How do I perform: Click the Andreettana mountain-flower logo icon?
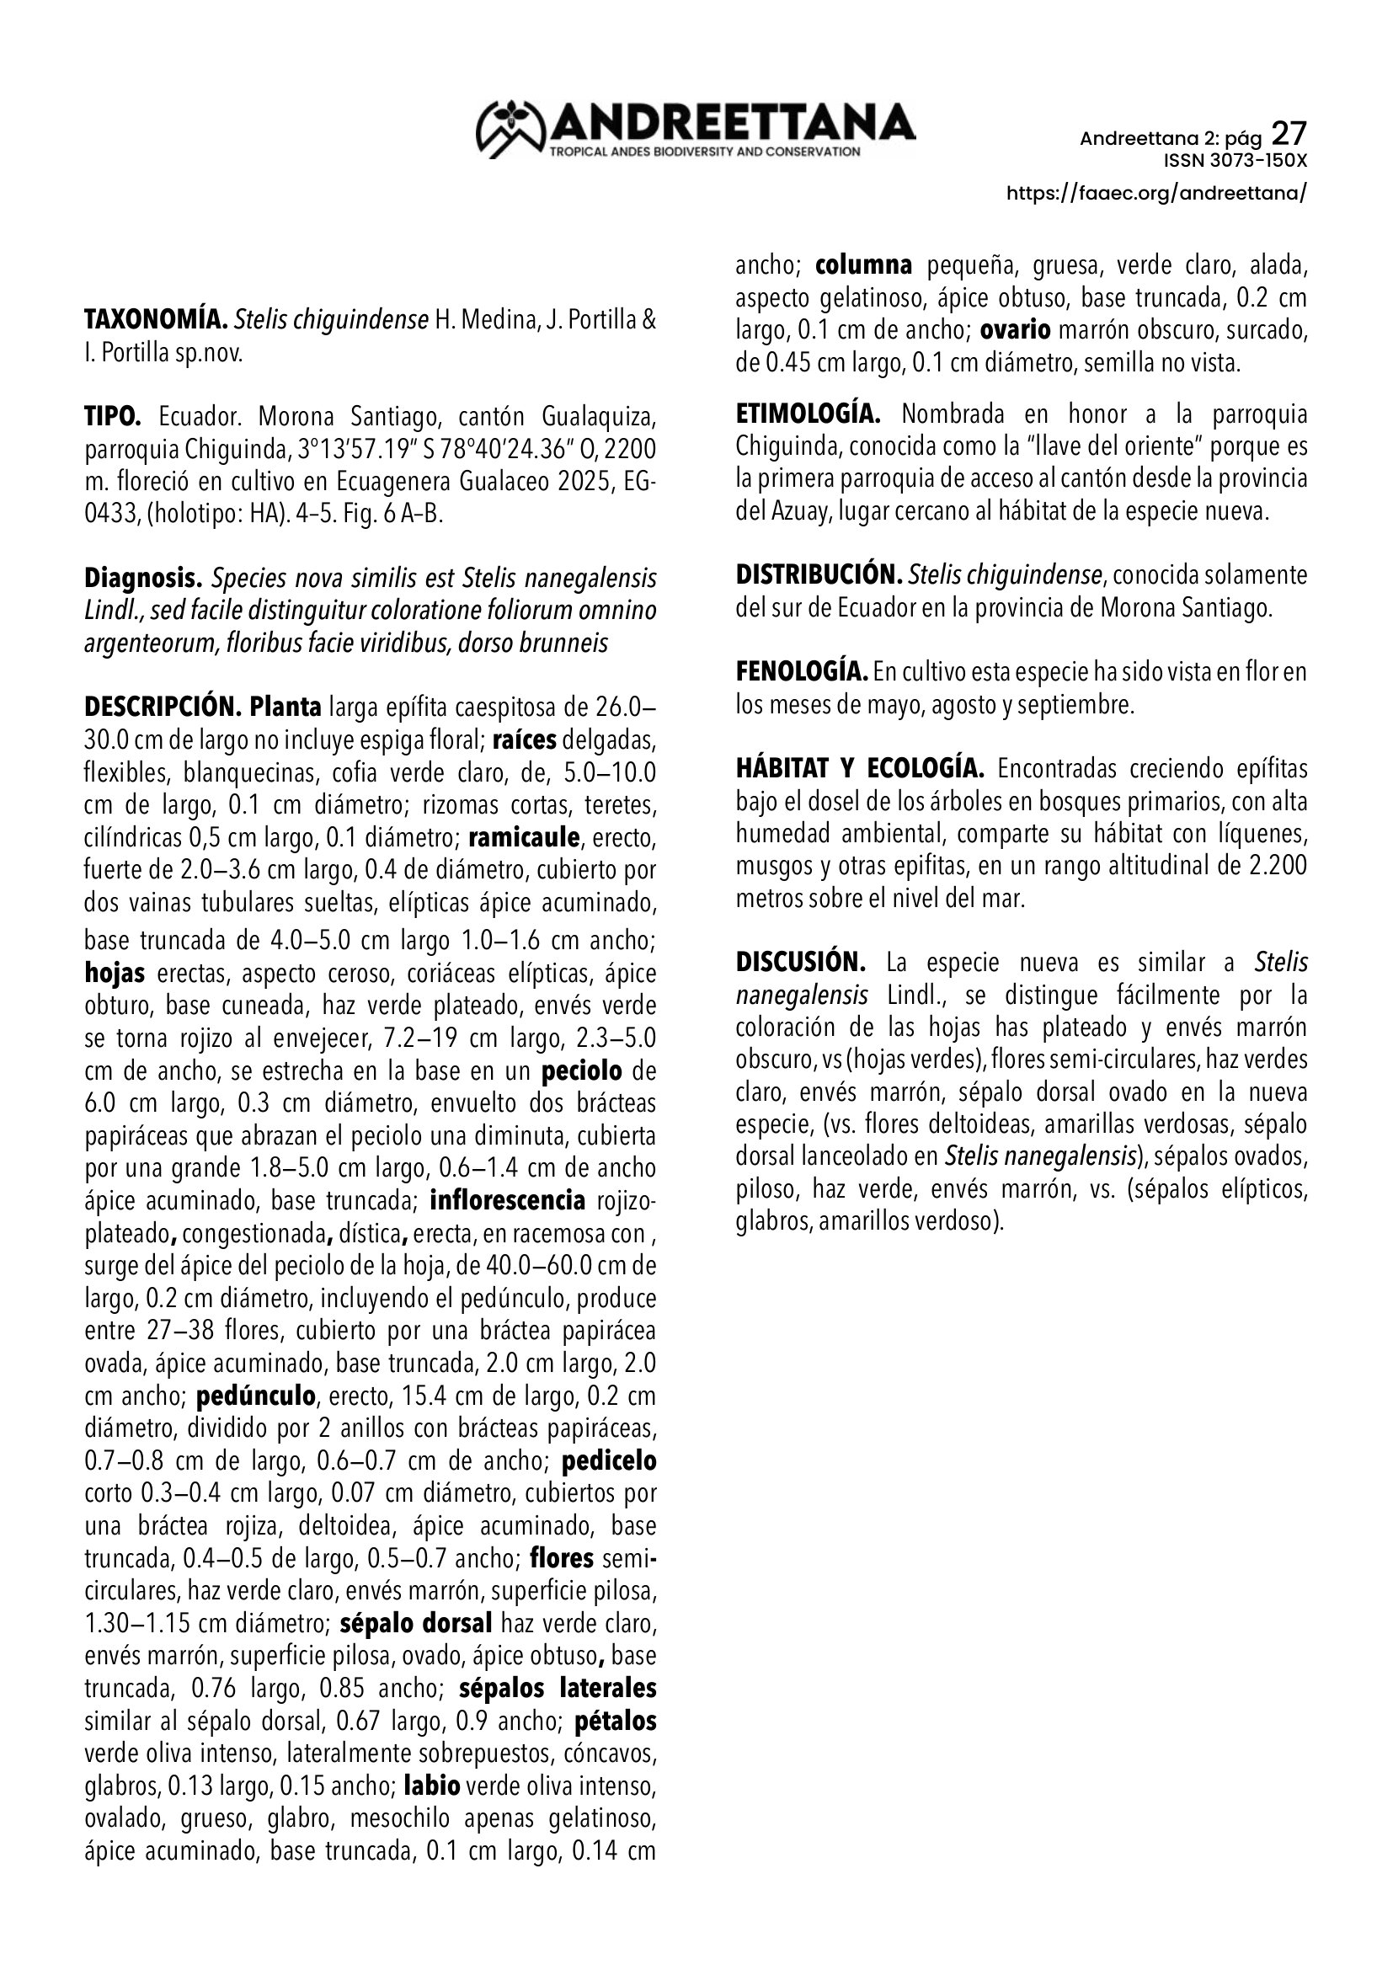click(x=511, y=130)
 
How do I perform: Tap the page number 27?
click(x=1289, y=134)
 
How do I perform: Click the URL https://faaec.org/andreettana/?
click(x=1156, y=193)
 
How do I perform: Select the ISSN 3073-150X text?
click(x=1236, y=161)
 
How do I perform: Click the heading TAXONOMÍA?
click(x=155, y=320)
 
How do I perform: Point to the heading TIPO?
click(x=112, y=417)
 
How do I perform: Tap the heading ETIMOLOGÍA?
click(x=808, y=414)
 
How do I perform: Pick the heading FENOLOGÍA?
click(x=801, y=672)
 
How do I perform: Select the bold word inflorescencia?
click(x=508, y=1200)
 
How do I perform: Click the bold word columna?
click(x=864, y=266)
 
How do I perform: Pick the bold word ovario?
click(x=1015, y=330)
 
